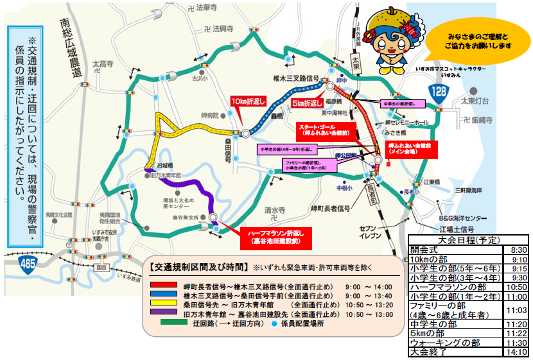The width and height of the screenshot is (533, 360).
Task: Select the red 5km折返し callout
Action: pos(305,103)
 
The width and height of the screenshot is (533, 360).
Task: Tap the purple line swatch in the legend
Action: pos(164,315)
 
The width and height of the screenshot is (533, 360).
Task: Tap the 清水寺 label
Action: pos(274,210)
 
